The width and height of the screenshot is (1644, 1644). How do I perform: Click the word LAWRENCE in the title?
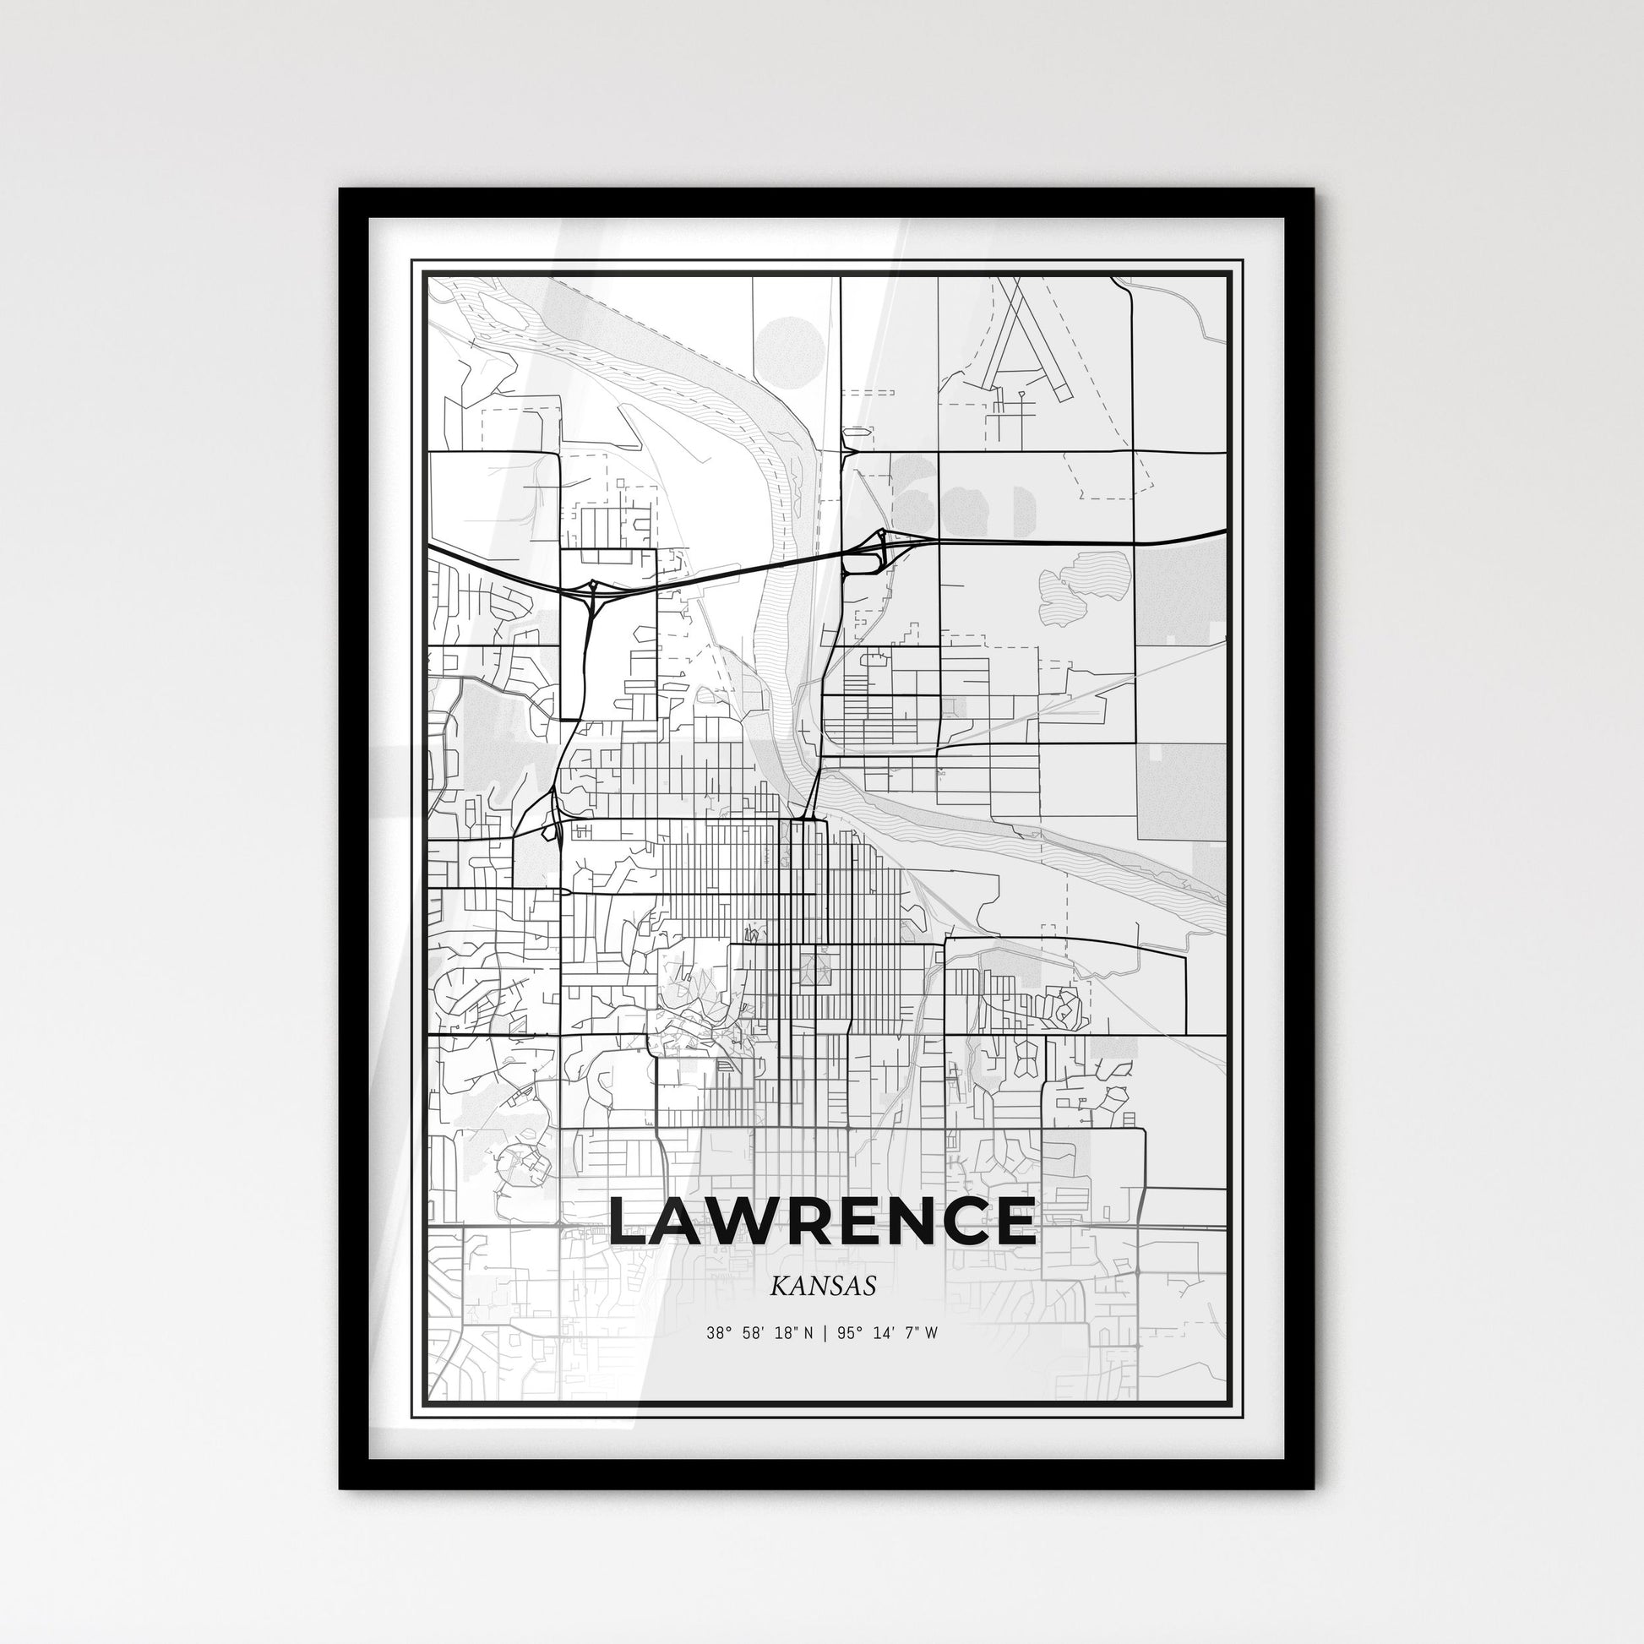click(822, 1220)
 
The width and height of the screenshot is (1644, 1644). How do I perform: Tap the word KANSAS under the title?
click(822, 1286)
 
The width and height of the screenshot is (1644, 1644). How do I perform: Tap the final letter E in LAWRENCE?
click(1014, 1220)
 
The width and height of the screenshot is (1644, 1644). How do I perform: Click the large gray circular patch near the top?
click(790, 346)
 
